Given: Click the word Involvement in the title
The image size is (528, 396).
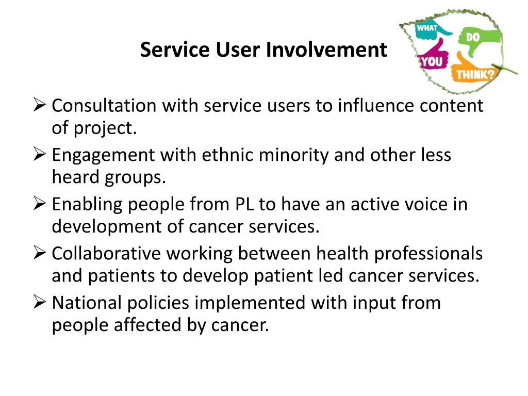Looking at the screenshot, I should (x=326, y=50).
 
